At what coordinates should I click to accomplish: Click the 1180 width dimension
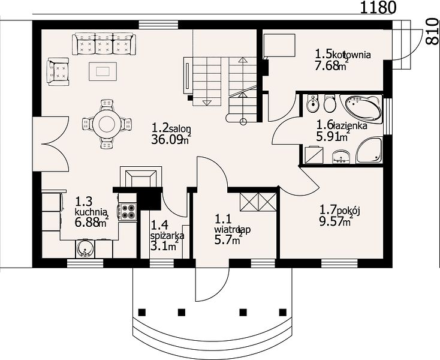click(x=378, y=8)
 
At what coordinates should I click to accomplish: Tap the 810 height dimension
click(x=432, y=31)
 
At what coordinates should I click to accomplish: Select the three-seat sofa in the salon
click(x=104, y=44)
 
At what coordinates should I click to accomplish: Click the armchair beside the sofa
click(x=58, y=72)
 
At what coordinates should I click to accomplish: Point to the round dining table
click(x=107, y=124)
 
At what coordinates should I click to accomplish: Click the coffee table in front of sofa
click(x=103, y=71)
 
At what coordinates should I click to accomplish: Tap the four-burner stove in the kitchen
click(x=128, y=211)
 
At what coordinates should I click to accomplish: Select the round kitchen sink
click(x=84, y=248)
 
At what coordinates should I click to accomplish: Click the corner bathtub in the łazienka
click(x=362, y=109)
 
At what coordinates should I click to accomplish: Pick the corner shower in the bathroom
click(x=369, y=151)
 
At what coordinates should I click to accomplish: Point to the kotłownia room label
click(x=351, y=55)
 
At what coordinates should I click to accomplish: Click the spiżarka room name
click(x=167, y=236)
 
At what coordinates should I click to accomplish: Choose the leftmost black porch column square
click(x=142, y=312)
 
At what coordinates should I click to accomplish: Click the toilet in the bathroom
click(x=330, y=103)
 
